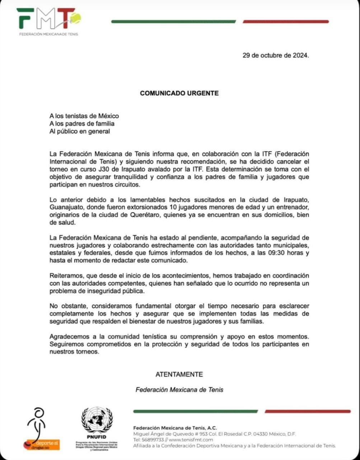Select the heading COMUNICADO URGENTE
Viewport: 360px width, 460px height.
tap(179, 93)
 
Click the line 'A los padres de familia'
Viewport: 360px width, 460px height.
tap(82, 124)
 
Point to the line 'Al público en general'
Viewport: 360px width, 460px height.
tap(80, 131)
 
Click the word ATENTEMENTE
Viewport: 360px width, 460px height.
tap(179, 374)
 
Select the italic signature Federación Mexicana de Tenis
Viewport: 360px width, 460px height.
tap(179, 390)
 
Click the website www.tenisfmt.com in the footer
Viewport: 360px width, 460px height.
tap(191, 440)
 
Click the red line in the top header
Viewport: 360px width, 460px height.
tap(285, 22)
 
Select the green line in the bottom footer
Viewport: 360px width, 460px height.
tap(195, 411)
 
